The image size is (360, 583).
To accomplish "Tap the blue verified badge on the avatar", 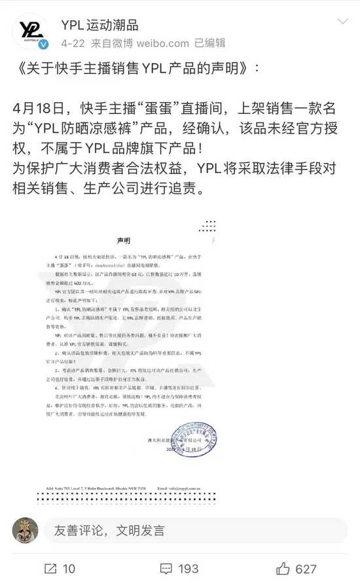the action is click(43, 44).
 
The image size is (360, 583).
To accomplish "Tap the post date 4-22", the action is click(73, 43).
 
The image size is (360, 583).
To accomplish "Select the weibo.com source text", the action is click(162, 43).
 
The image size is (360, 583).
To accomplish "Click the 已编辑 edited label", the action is click(210, 43).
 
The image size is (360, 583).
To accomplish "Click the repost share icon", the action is click(50, 568).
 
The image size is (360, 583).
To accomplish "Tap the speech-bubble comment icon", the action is click(167, 568).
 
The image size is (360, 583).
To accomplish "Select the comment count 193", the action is click(189, 569).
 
